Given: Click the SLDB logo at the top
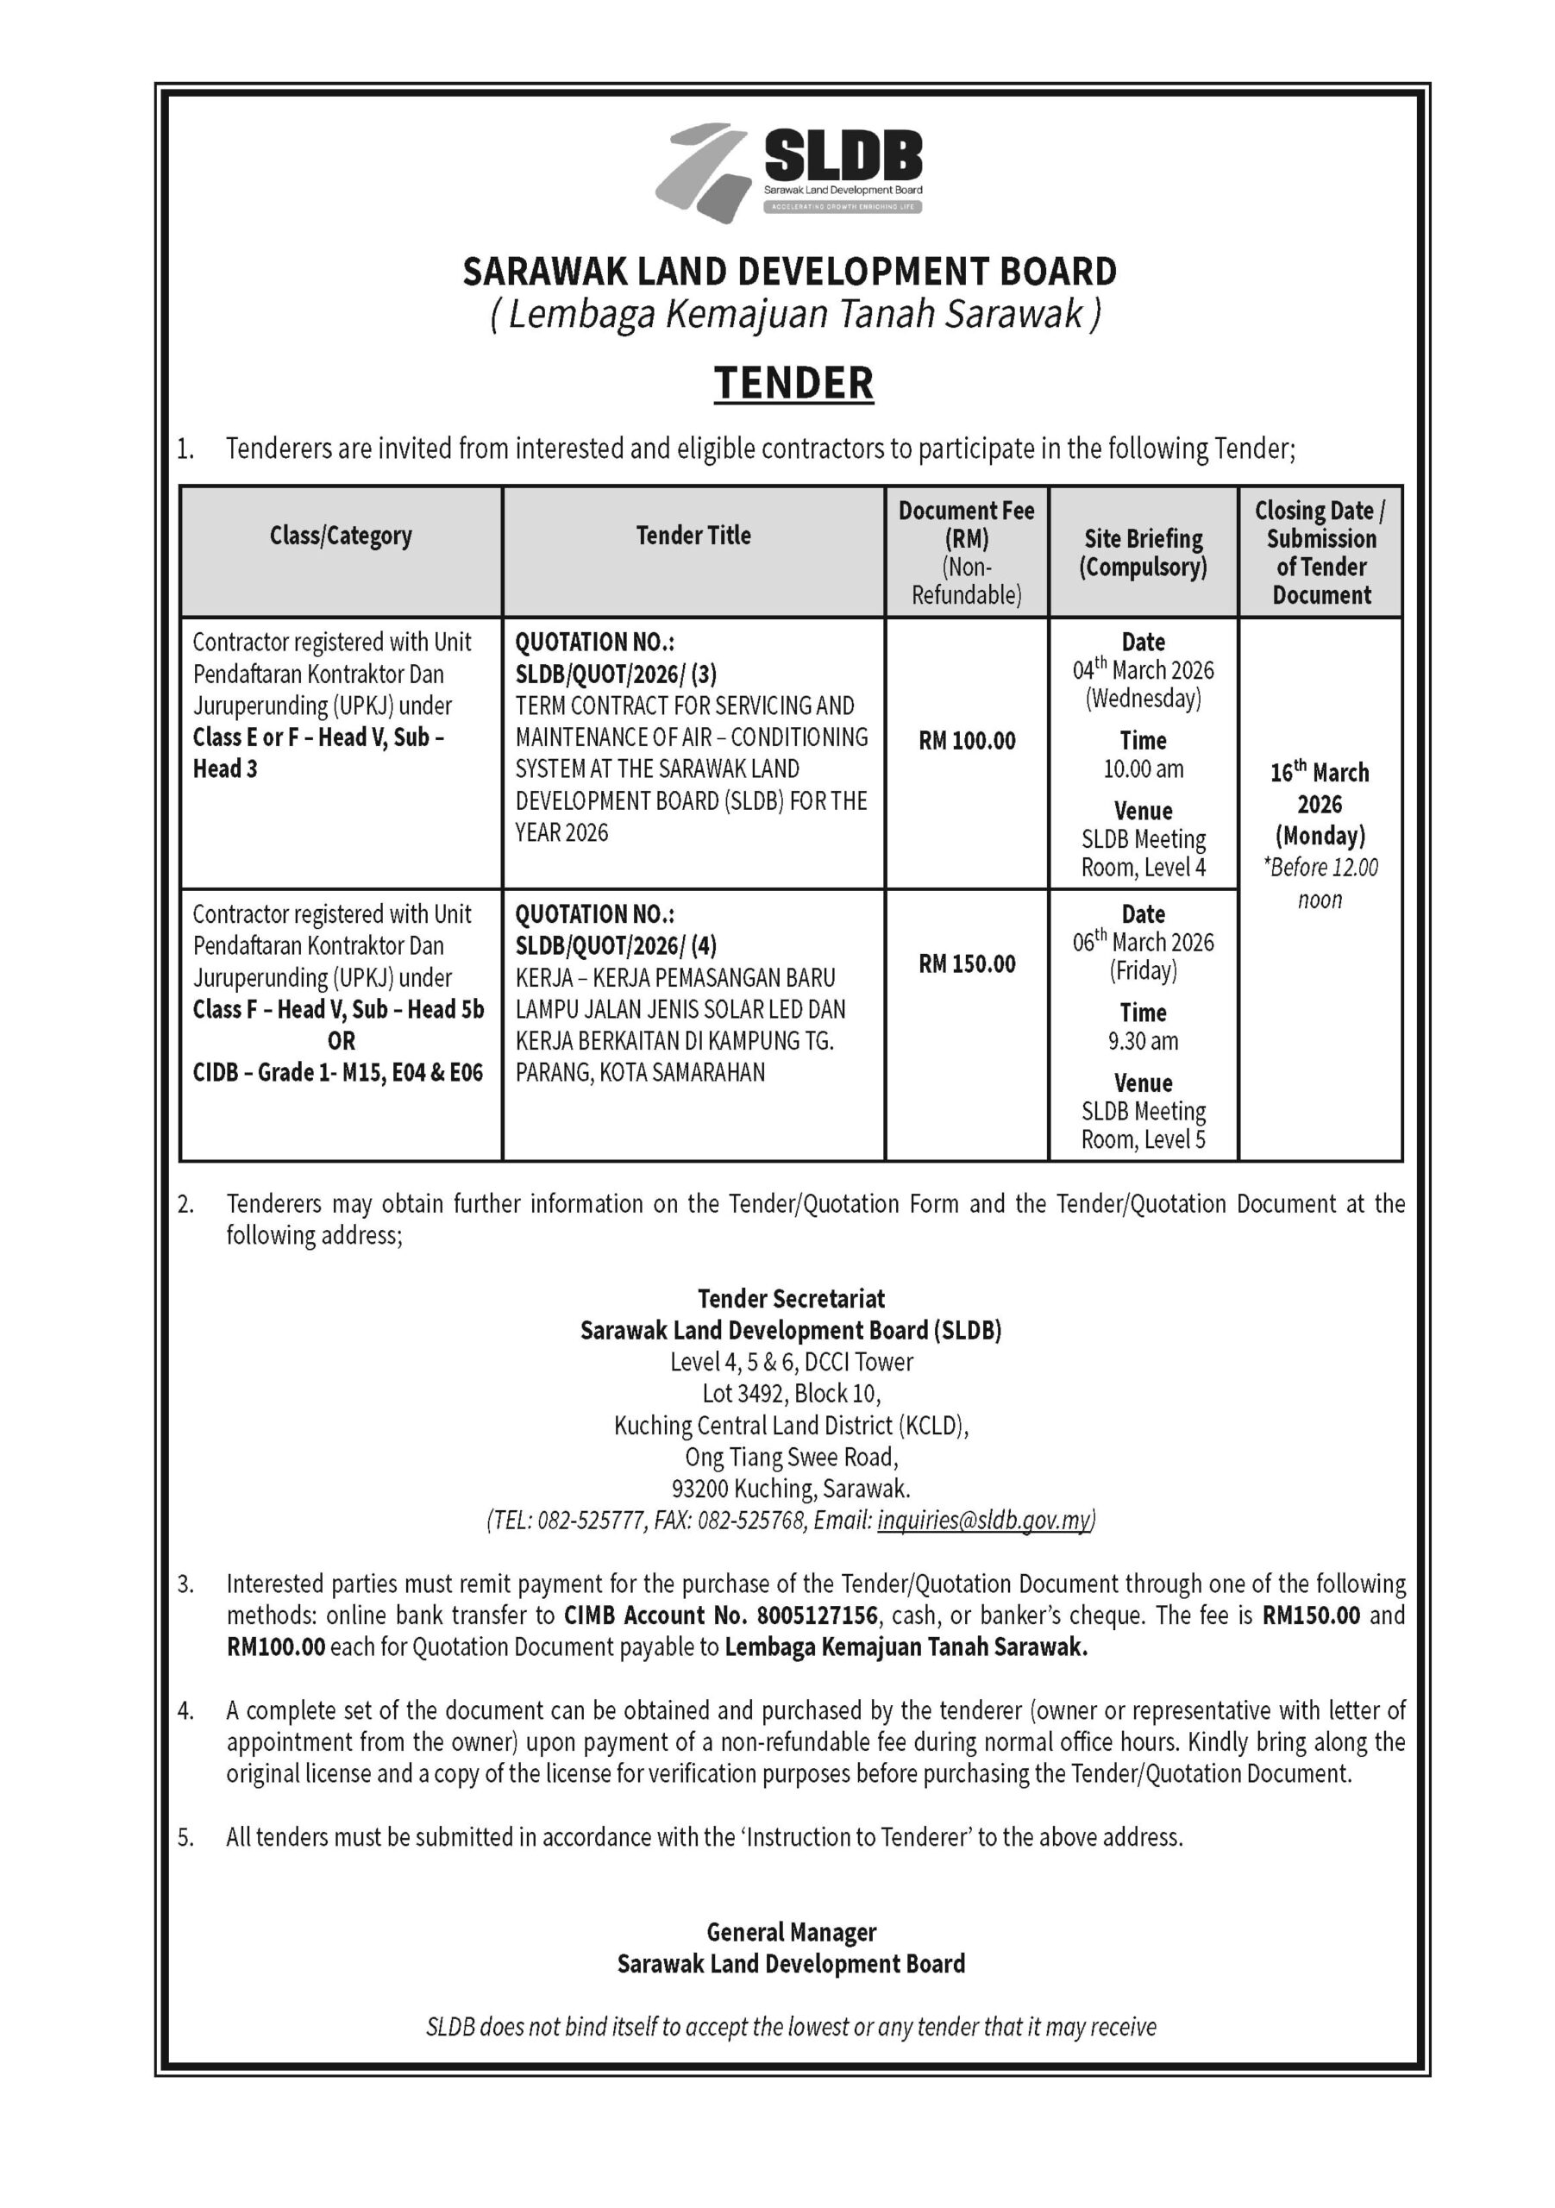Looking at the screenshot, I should tap(788, 173).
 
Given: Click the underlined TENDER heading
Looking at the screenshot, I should tap(793, 383).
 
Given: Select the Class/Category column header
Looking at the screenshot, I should tap(341, 536).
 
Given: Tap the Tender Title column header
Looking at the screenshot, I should tap(693, 536).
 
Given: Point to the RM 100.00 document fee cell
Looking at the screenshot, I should tap(967, 741).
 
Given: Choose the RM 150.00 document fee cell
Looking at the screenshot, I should tap(967, 963).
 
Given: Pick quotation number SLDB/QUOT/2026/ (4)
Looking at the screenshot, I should tap(616, 946).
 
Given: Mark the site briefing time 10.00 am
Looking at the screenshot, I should tap(1144, 769).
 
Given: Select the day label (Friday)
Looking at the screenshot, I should tap(1144, 971).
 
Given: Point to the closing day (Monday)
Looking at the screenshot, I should tap(1320, 836).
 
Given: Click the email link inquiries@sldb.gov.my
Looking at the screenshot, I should tap(985, 1521).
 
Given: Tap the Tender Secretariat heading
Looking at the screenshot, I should tap(792, 1299).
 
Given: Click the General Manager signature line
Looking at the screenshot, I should tap(792, 1932).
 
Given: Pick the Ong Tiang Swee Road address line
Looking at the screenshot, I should tap(792, 1457).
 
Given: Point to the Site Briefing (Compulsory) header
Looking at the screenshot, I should tap(1144, 552).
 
